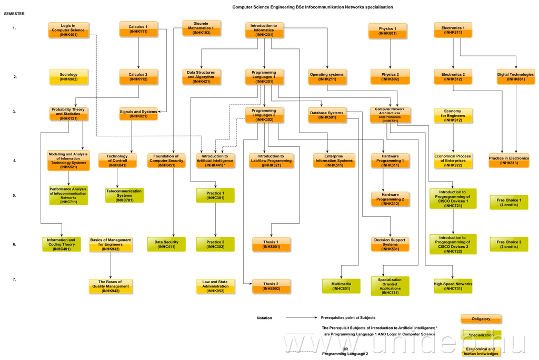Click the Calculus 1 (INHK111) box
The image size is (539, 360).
tap(138, 29)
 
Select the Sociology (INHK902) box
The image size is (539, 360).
tap(68, 77)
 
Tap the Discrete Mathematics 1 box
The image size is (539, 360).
tap(202, 28)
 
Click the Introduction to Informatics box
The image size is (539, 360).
tap(264, 30)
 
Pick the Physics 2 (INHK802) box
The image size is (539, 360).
tap(390, 77)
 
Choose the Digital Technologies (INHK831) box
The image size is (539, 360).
tap(515, 77)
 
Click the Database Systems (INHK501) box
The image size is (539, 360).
tap(326, 115)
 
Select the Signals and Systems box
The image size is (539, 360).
tap(138, 114)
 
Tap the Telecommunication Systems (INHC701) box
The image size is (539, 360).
tap(124, 195)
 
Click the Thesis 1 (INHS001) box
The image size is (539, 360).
tap(271, 244)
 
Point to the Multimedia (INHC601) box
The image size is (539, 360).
tap(341, 286)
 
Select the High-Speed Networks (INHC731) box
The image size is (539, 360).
tap(453, 286)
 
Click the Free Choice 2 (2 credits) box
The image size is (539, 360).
tap(509, 244)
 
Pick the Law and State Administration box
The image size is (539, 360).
tap(215, 286)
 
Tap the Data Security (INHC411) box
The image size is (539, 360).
tap(166, 244)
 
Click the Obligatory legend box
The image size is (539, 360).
tap(481, 319)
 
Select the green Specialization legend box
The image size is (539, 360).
tap(481, 335)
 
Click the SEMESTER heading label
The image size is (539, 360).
tap(14, 14)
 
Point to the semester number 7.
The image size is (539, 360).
tap(15, 279)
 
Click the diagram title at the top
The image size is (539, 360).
tap(312, 7)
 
